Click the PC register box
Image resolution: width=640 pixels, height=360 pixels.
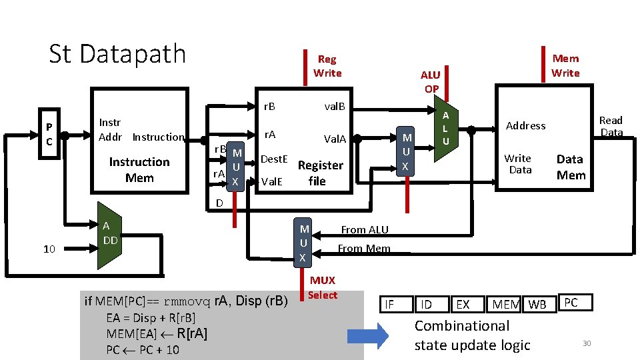point(49,133)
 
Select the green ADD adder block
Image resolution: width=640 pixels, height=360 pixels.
point(109,235)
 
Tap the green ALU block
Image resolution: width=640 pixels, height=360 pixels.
point(446,128)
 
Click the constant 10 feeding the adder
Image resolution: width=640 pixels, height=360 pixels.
point(49,249)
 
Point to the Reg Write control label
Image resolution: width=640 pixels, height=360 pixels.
point(327,66)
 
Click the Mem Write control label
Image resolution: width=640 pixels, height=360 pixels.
point(565,66)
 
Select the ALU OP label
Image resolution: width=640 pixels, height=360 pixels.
point(431,81)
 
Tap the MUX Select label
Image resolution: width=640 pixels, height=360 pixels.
point(323,288)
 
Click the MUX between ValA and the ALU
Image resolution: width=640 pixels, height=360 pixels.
point(405,151)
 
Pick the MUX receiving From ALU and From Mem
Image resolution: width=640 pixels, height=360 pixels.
point(303,243)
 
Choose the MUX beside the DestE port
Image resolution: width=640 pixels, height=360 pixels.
point(235,167)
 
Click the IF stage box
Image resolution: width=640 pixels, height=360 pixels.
point(396,304)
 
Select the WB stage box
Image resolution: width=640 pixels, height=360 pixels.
point(539,304)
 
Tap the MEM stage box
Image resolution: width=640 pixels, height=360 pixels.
point(504,304)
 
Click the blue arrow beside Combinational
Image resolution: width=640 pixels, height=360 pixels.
point(368,336)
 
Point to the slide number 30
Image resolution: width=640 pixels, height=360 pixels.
point(587,343)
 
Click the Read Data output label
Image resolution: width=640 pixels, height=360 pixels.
point(611,126)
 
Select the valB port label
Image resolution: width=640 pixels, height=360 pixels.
point(335,107)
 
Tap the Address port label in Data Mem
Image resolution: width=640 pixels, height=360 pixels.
point(526,126)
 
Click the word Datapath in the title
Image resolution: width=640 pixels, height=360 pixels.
point(133,54)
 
